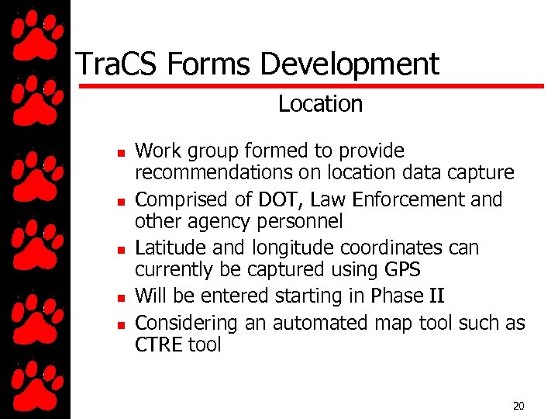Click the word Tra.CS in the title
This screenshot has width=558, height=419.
113,64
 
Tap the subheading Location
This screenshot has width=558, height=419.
320,104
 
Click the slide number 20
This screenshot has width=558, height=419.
518,406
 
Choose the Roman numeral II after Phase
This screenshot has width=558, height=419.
435,296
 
